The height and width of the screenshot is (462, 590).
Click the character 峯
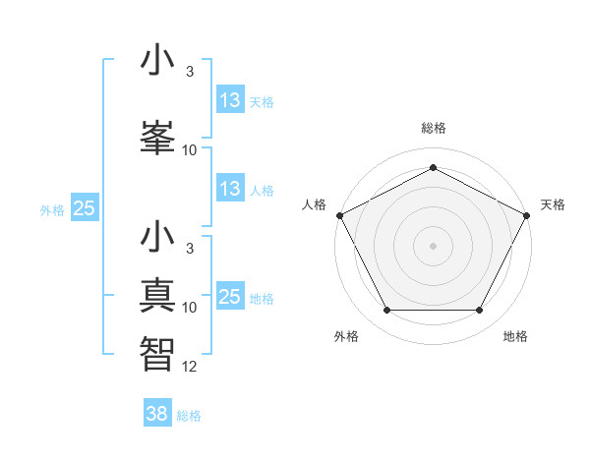(158, 134)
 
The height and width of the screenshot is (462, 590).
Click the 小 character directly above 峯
(158, 60)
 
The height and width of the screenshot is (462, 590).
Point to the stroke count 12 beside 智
(190, 366)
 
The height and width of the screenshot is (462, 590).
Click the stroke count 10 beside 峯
(190, 150)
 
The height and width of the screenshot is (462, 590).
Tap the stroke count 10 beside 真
(190, 308)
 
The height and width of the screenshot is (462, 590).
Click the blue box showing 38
(157, 414)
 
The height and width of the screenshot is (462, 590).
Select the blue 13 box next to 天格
(229, 101)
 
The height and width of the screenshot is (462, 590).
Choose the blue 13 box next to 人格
(229, 190)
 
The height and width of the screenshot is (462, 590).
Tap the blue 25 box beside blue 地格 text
(229, 296)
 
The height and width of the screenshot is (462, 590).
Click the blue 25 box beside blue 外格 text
(84, 208)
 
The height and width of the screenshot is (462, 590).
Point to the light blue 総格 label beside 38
(189, 416)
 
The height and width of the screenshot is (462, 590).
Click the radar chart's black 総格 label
(433, 129)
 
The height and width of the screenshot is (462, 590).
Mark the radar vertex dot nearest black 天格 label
(528, 214)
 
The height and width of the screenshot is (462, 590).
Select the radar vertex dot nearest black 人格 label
(339, 214)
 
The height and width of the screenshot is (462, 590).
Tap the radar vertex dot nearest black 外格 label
(386, 311)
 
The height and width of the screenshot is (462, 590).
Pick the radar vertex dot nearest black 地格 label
(480, 311)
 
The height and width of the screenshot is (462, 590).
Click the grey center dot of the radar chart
(433, 245)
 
